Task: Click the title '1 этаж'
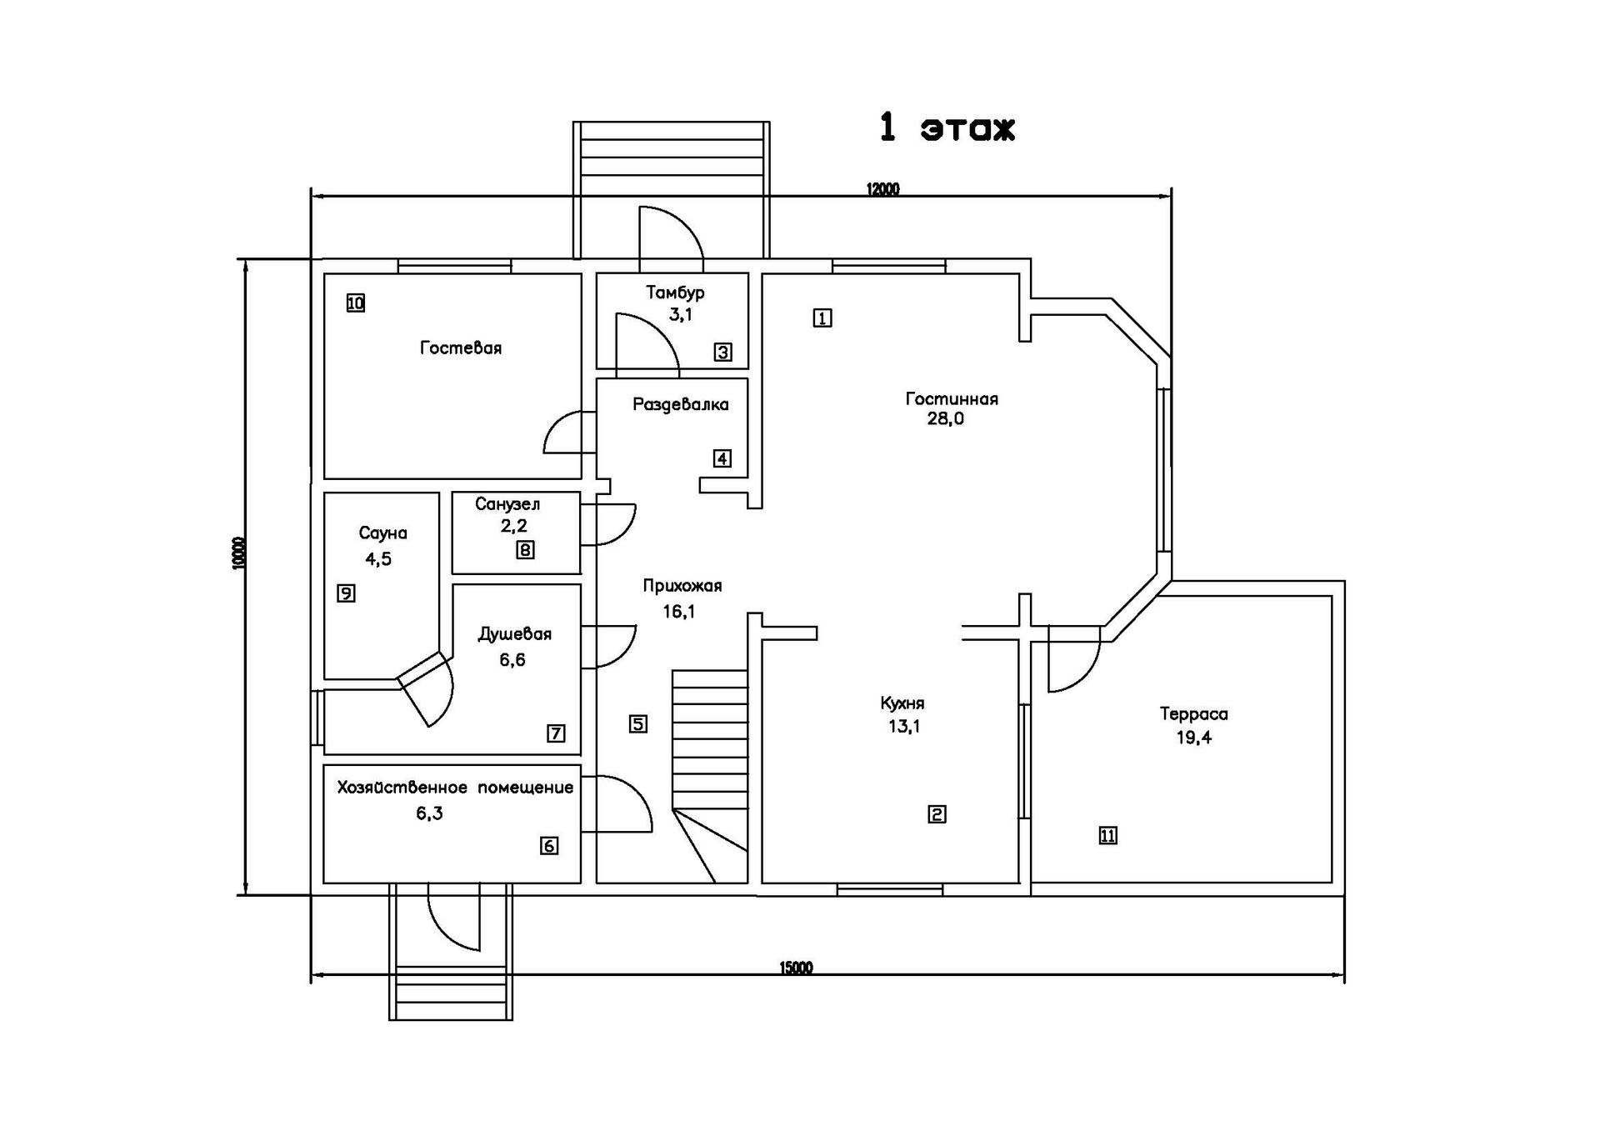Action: (947, 128)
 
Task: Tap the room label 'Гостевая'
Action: (461, 348)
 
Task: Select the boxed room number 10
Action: (356, 303)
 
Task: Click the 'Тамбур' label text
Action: (675, 293)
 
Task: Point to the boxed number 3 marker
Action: (723, 352)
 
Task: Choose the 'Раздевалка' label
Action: (680, 405)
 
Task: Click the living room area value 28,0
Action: (945, 419)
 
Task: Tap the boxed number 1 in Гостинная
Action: (822, 318)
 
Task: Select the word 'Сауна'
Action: (382, 533)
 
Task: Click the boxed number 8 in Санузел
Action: (525, 550)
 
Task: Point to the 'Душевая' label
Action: (514, 634)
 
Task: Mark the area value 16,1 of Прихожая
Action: (679, 612)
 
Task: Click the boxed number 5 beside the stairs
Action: (638, 723)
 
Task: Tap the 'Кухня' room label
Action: (902, 703)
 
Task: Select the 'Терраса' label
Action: (1193, 714)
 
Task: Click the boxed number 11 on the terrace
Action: (1107, 835)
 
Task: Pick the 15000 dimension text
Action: (796, 968)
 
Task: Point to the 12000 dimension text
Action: (882, 189)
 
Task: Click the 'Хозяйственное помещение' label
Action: (455, 788)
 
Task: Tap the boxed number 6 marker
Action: (549, 846)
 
